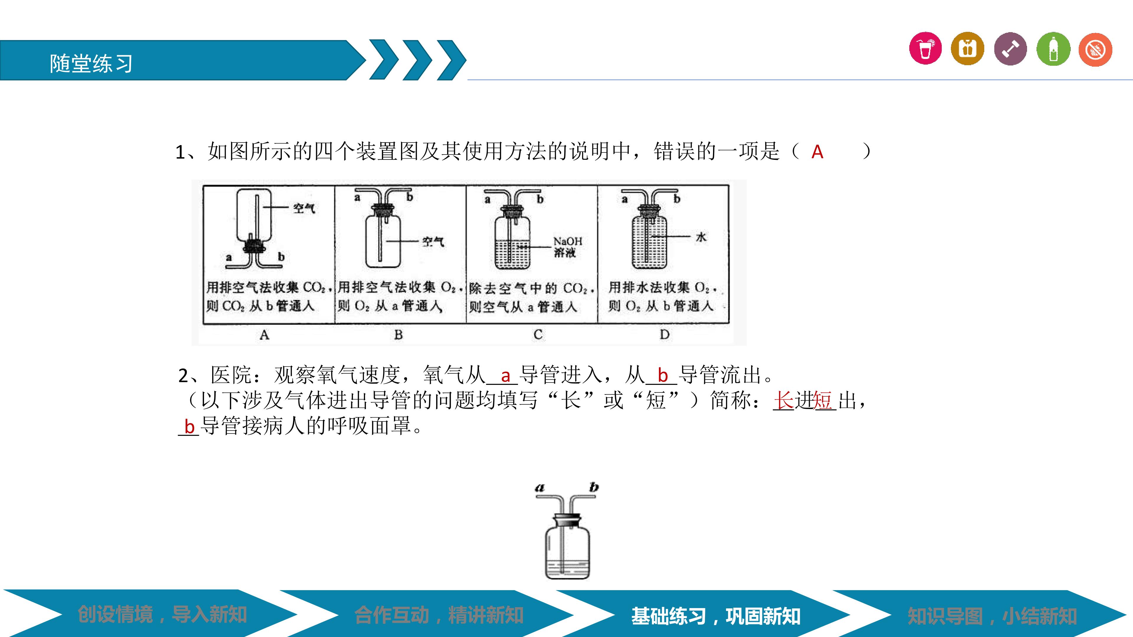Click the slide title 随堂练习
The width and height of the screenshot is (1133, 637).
click(x=91, y=63)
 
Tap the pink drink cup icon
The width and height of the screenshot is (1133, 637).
click(x=926, y=48)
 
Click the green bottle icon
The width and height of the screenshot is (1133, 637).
click(x=1053, y=48)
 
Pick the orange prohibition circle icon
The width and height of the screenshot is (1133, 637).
click(x=1095, y=49)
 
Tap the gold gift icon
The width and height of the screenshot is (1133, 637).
click(x=968, y=48)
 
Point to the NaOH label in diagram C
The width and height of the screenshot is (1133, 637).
click(x=567, y=241)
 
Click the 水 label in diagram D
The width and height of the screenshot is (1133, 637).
click(x=701, y=237)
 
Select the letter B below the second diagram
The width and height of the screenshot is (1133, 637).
click(x=398, y=335)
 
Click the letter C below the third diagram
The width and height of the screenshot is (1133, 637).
click(x=538, y=335)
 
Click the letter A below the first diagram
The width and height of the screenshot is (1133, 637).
click(x=264, y=335)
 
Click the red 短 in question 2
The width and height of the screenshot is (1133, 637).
click(x=823, y=400)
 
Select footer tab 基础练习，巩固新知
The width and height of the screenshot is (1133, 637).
click(x=716, y=616)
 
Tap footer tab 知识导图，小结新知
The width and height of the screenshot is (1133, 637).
click(x=992, y=616)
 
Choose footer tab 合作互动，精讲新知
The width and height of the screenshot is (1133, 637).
click(x=439, y=615)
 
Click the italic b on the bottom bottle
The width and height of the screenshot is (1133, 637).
click(x=594, y=487)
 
